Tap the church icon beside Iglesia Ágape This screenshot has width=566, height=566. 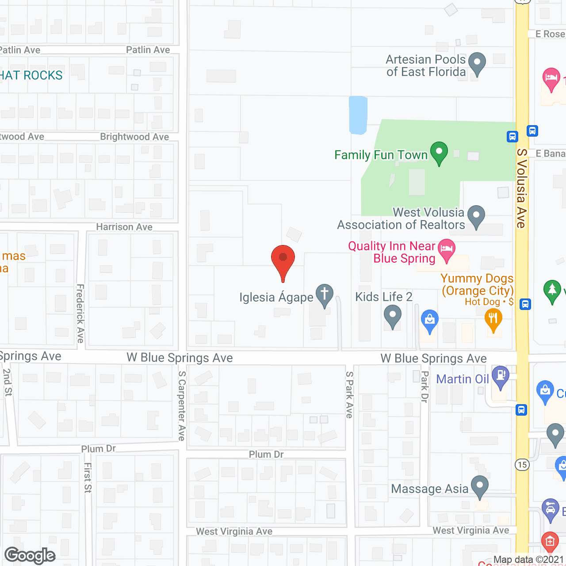coord(325,294)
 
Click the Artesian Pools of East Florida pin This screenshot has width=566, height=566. coord(477,62)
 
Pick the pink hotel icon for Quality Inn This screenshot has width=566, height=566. coord(447,249)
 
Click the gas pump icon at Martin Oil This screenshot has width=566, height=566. coord(501,376)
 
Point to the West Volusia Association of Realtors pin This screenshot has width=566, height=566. coord(476,216)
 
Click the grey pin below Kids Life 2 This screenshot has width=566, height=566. coord(392,317)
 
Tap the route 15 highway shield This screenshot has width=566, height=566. coord(522,465)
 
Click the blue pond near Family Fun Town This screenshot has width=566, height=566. coord(358,115)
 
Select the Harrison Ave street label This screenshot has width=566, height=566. coord(124,227)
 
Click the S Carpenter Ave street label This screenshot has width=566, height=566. coord(182,405)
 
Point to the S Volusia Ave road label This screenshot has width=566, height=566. coord(522,188)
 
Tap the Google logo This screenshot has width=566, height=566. coord(30,555)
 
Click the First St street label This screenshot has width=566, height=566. coord(88,478)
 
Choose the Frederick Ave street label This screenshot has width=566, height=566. coord(80,314)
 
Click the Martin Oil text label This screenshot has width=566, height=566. coord(463,379)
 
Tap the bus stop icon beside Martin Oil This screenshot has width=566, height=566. coord(521,410)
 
